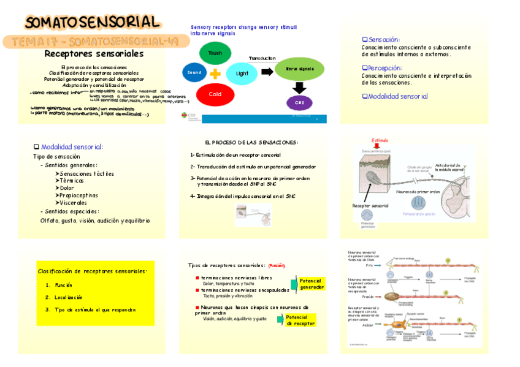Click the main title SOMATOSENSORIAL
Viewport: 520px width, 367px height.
pyautogui.click(x=93, y=23)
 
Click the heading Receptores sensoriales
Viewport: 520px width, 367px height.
pyautogui.click(x=94, y=54)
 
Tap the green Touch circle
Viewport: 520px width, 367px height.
pyautogui.click(x=215, y=53)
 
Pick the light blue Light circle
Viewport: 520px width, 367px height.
pyautogui.click(x=242, y=74)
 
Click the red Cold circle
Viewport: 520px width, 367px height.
pyautogui.click(x=215, y=94)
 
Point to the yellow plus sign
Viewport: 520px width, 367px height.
pyautogui.click(x=215, y=74)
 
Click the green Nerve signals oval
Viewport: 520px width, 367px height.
pyautogui.click(x=299, y=69)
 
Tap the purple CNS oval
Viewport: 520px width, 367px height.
pyautogui.click(x=299, y=102)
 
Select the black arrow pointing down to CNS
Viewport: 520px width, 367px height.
pyautogui.click(x=299, y=88)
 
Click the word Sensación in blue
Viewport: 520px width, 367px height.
pyautogui.click(x=383, y=39)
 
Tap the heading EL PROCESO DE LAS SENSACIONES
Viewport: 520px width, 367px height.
pyautogui.click(x=251, y=142)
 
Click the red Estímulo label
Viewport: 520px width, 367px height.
pyautogui.click(x=380, y=140)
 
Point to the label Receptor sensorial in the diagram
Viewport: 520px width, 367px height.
pyautogui.click(x=370, y=206)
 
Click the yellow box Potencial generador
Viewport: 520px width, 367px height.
pyautogui.click(x=312, y=283)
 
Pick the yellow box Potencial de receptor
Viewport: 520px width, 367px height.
pyautogui.click(x=300, y=320)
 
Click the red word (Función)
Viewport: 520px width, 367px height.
pyautogui.click(x=277, y=265)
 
